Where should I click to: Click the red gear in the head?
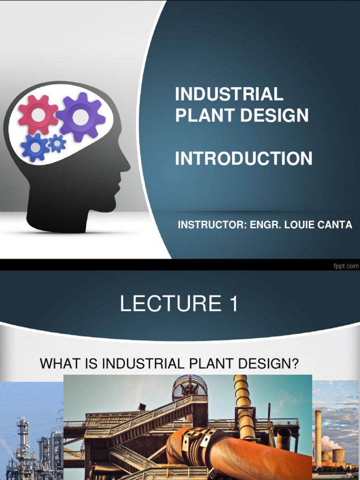[38, 114]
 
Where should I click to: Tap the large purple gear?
[80, 117]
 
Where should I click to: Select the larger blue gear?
[35, 147]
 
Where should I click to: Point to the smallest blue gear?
[57, 143]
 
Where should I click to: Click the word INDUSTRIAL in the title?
[229, 94]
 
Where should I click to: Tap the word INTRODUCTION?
[243, 158]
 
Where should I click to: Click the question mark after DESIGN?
[295, 363]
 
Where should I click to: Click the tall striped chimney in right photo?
[318, 438]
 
